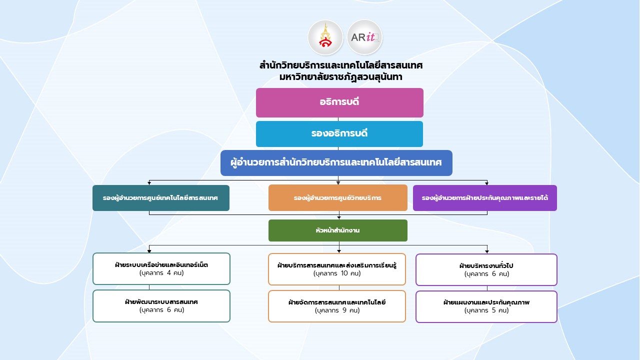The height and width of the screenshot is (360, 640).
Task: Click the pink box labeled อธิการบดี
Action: tap(339, 102)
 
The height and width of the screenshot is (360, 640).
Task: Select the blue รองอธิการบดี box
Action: tap(339, 134)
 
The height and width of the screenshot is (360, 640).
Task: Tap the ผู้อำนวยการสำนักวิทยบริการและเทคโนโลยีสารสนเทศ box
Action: tap(336, 163)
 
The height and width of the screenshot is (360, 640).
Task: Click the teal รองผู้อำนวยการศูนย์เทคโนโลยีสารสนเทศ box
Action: tap(161, 198)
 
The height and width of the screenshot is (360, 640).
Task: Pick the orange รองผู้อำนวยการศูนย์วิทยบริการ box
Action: tap(337, 198)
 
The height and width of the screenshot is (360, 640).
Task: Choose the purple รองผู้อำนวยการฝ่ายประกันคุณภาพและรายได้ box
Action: tap(484, 198)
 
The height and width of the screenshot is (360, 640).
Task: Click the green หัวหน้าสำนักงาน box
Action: tap(337, 230)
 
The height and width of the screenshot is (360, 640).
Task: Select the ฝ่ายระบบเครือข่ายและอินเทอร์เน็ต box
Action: tap(161, 268)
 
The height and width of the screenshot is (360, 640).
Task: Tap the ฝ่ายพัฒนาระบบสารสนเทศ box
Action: tap(161, 306)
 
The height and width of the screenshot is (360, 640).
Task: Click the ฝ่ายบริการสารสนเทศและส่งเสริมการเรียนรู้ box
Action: tap(337, 269)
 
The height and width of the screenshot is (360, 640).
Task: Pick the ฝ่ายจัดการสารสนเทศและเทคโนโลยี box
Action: tap(337, 306)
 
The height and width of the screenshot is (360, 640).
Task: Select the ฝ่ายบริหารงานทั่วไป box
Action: tap(486, 269)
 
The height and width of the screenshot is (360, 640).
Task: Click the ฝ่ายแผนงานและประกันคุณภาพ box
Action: tap(486, 306)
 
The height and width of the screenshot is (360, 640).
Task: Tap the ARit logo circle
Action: tap(364, 37)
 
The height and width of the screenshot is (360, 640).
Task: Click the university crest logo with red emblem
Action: tap(325, 37)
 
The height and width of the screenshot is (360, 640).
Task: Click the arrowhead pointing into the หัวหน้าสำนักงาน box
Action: tap(339, 217)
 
